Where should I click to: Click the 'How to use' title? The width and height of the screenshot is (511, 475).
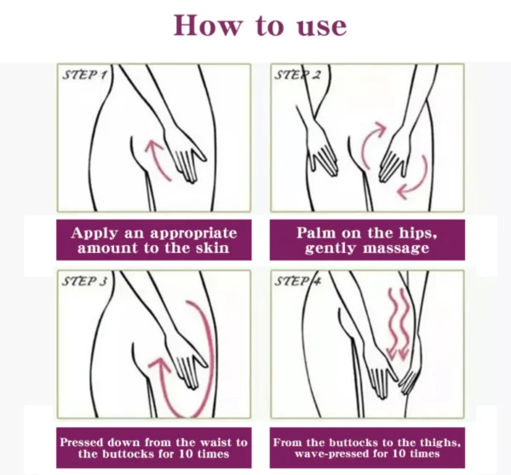pos(260,25)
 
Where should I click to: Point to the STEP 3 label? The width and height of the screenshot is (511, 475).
pos(85,282)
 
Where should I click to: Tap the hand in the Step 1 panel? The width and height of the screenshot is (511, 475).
pos(183,157)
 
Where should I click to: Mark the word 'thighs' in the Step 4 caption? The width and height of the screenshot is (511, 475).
pos(439,442)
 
